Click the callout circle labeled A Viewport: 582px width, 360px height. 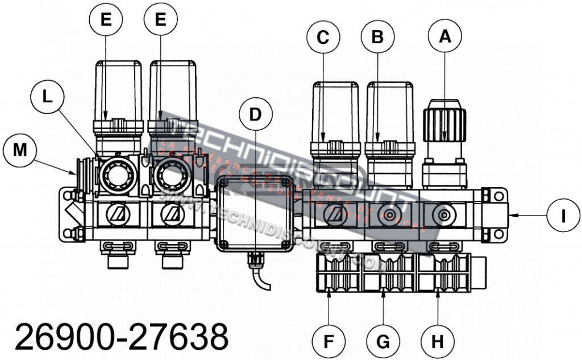pyautogui.click(x=445, y=36)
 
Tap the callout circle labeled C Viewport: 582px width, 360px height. pyautogui.click(x=323, y=37)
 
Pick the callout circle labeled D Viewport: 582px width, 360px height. pyautogui.click(x=255, y=114)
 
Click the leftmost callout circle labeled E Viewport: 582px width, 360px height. pyautogui.click(x=106, y=19)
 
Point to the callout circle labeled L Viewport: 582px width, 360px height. pyautogui.click(x=49, y=97)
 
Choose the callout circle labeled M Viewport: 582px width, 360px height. pyautogui.click(x=20, y=151)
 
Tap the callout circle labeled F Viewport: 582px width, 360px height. pyautogui.click(x=329, y=342)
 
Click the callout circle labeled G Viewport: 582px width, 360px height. pyautogui.click(x=383, y=342)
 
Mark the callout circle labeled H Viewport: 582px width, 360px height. pyautogui.click(x=437, y=342)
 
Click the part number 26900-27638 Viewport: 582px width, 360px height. pyautogui.click(x=121, y=337)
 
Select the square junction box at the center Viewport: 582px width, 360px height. pyautogui.click(x=255, y=213)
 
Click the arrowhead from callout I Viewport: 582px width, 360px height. pyautogui.click(x=512, y=214)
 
